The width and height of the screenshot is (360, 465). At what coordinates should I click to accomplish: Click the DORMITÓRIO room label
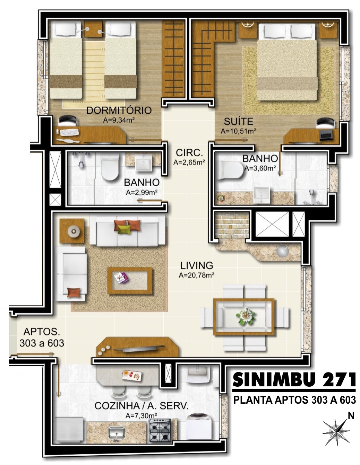click(119, 111)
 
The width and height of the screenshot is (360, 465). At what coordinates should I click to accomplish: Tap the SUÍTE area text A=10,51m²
click(238, 131)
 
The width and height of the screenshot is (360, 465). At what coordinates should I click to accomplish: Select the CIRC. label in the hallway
click(189, 153)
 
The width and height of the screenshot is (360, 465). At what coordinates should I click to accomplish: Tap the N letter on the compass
click(351, 415)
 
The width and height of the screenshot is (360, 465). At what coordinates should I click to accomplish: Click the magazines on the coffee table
click(121, 278)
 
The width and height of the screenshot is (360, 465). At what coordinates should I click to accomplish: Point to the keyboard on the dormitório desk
click(69, 132)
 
